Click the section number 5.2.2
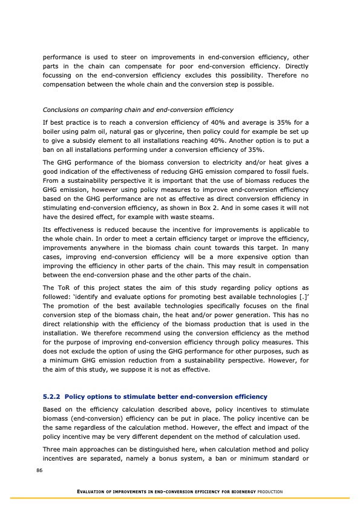tap(51, 396)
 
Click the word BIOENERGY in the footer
tap(250, 491)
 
